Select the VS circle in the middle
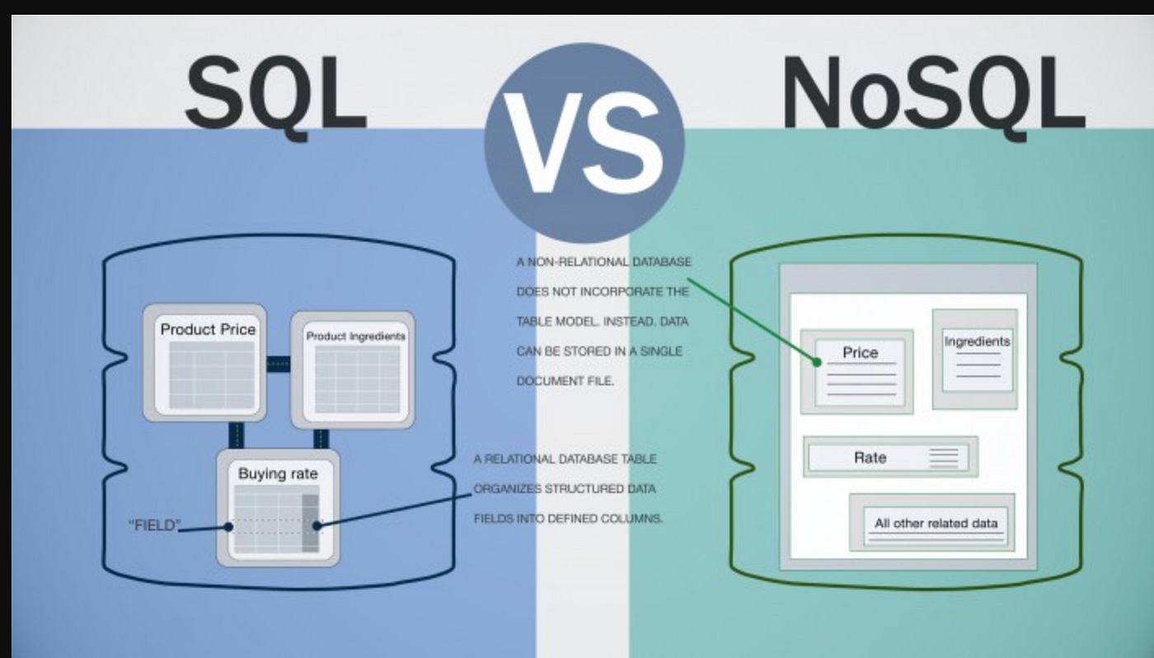584,142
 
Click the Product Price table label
208,329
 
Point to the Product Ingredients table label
356,336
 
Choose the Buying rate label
278,474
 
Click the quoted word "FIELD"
155,525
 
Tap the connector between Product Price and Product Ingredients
279,364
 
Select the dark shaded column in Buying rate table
310,523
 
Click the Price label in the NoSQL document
860,353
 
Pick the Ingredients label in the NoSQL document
977,341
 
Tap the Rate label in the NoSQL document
870,458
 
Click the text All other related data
936,523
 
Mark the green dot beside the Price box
817,361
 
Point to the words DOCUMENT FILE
565,382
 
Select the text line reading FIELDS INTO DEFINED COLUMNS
568,519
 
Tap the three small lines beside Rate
944,458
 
